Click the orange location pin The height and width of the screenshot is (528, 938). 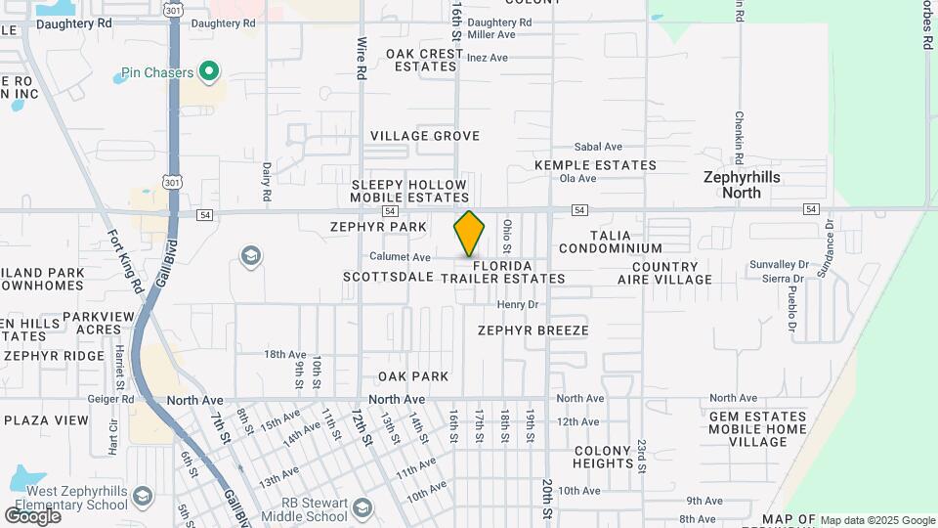click(x=470, y=234)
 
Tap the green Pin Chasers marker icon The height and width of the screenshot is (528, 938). click(x=208, y=71)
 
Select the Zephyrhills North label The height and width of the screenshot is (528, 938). click(x=746, y=185)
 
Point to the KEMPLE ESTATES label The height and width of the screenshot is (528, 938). click(x=595, y=165)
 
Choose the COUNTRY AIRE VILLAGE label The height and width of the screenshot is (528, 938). click(x=672, y=273)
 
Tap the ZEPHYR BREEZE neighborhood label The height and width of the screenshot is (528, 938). click(x=533, y=330)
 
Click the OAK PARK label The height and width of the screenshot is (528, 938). click(x=414, y=376)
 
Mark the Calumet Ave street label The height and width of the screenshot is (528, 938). click(x=401, y=257)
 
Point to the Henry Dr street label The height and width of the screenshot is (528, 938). click(x=518, y=305)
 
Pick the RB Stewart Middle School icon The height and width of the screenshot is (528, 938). click(x=363, y=507)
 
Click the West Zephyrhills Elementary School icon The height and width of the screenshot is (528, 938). click(x=143, y=496)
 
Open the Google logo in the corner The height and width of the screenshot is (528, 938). click(x=32, y=515)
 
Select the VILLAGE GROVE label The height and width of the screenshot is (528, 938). click(x=425, y=136)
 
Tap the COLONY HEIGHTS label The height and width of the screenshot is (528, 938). click(x=604, y=457)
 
